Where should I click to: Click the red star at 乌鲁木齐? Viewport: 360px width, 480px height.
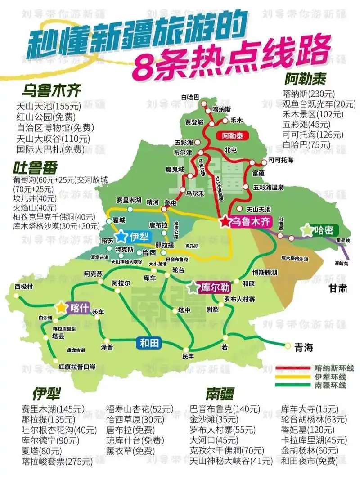(225, 222)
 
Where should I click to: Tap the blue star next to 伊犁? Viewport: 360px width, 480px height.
(121, 236)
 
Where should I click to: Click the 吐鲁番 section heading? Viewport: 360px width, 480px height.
(36, 168)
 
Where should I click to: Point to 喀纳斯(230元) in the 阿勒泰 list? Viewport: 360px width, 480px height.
(309, 94)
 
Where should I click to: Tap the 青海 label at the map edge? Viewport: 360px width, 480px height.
(303, 347)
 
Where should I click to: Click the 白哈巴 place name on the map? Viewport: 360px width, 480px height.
(190, 97)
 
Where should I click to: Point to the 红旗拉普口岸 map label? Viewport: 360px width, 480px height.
(77, 366)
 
